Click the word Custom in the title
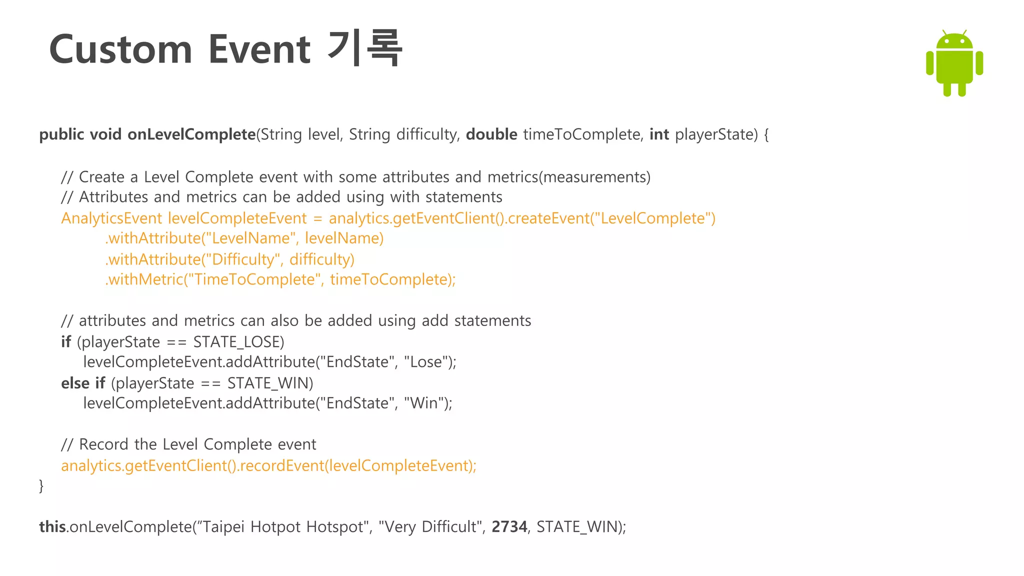coord(120,49)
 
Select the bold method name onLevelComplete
coord(191,134)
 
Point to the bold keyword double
coord(491,134)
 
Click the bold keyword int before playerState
coord(658,134)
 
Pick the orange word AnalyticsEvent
coord(111,218)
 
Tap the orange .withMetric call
coord(144,279)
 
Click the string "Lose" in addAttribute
coord(425,362)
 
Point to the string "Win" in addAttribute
coord(424,403)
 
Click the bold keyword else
coord(75,383)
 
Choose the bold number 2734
coord(509,527)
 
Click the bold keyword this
coord(52,527)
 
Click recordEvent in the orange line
coord(282,465)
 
